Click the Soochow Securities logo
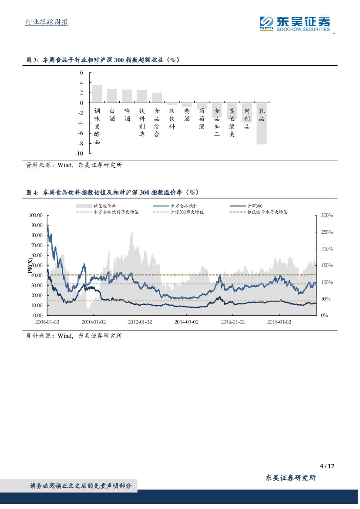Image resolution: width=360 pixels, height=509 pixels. point(295,23)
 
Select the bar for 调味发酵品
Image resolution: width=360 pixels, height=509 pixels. point(97,94)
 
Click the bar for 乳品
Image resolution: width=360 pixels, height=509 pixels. point(262,124)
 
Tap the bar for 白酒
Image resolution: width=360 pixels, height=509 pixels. point(112,96)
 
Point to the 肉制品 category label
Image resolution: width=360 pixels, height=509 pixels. point(247,119)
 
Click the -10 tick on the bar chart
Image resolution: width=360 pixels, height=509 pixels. point(79,154)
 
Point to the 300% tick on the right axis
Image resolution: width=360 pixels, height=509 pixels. point(326,216)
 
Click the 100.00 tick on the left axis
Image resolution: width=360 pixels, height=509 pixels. point(35,216)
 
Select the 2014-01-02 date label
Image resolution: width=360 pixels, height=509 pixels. point(186,322)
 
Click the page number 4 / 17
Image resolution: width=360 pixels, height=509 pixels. point(326,466)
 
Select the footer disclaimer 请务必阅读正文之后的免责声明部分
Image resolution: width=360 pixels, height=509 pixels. point(80,485)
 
